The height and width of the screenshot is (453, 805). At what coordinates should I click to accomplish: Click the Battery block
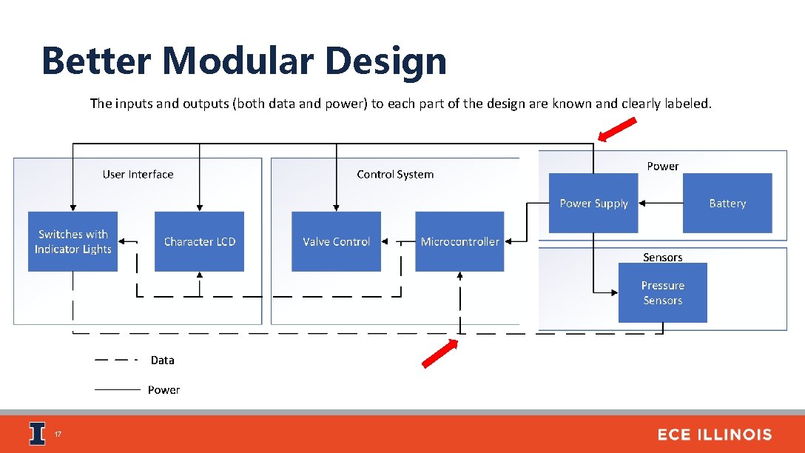point(727,203)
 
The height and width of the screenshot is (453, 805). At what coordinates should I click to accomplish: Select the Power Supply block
point(593,203)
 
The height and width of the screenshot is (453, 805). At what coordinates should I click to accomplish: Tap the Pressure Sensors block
point(662,292)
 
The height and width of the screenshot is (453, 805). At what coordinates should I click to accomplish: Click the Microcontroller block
point(459,241)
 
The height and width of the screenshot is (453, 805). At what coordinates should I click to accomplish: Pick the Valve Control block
point(336,241)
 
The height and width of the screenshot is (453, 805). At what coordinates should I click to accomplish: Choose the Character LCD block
point(199,241)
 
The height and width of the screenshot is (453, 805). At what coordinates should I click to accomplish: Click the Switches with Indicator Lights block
point(73,241)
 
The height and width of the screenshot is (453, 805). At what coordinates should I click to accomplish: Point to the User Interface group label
point(138,175)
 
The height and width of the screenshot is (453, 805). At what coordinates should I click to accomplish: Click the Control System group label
point(395,175)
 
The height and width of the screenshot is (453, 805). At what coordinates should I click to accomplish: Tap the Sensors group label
point(662,258)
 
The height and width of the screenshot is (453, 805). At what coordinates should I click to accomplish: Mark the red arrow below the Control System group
point(439,354)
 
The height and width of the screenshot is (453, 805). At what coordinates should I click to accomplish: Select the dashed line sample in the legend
point(116,360)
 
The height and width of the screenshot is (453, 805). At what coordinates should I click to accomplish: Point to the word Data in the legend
point(162,360)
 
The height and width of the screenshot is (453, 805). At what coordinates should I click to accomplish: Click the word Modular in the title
point(241,61)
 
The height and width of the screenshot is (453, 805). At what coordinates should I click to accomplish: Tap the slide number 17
point(58,434)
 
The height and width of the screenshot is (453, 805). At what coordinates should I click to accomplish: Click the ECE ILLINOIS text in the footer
point(714,434)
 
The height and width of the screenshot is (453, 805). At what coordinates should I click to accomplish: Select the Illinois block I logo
point(37,434)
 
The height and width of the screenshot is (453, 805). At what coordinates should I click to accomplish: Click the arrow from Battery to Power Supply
point(660,203)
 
